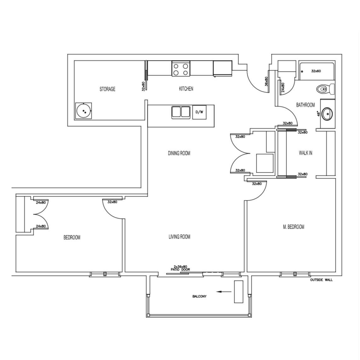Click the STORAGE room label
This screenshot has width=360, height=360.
coord(107,89)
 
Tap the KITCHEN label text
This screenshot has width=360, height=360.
coord(186,89)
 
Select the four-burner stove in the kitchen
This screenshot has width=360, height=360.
coord(181,69)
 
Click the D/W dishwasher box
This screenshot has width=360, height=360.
coord(199,112)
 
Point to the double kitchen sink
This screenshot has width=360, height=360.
coord(181,112)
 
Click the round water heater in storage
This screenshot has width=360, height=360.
coord(83,111)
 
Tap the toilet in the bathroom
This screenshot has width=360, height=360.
coord(326,89)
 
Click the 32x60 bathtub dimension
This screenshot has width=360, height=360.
coord(316,71)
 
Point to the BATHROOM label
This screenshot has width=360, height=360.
coord(306,105)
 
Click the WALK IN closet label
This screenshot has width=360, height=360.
coord(306,153)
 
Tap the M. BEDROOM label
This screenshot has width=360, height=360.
coord(294,227)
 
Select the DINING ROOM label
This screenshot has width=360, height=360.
coord(179,153)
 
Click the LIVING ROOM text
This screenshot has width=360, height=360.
coord(179,237)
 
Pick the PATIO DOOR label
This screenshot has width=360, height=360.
coord(180,270)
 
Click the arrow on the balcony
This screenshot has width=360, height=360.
coord(224,292)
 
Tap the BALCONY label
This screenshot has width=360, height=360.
coord(199,296)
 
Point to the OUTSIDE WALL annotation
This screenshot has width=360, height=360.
coord(321,280)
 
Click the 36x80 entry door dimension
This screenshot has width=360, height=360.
coord(266,81)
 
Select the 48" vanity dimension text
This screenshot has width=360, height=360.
coord(318,114)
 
